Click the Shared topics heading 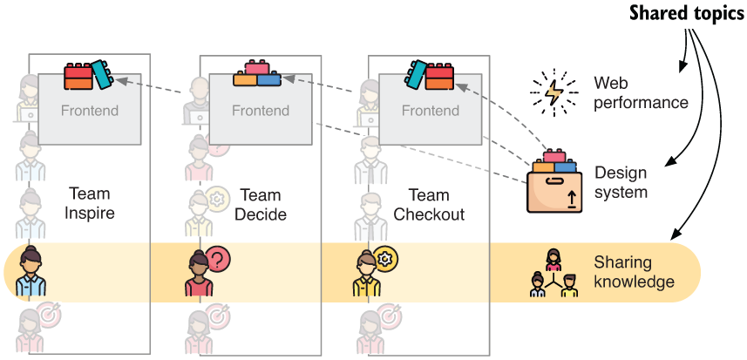pos(687,16)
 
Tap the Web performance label pos(641,92)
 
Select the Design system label pos(621,182)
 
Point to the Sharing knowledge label pos(634,271)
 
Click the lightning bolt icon pos(553,90)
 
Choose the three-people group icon pos(553,274)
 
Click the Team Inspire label pos(91,204)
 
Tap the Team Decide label pos(260,204)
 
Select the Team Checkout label pos(428,204)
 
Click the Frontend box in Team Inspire pos(90,112)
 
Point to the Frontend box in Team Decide pos(260,112)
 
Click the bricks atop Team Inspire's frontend pos(88,75)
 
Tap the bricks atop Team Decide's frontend pos(256,75)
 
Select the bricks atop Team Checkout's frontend pos(427,75)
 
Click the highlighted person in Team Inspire pos(31,272)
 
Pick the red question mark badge pos(218,258)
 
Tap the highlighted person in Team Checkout pos(366,274)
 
